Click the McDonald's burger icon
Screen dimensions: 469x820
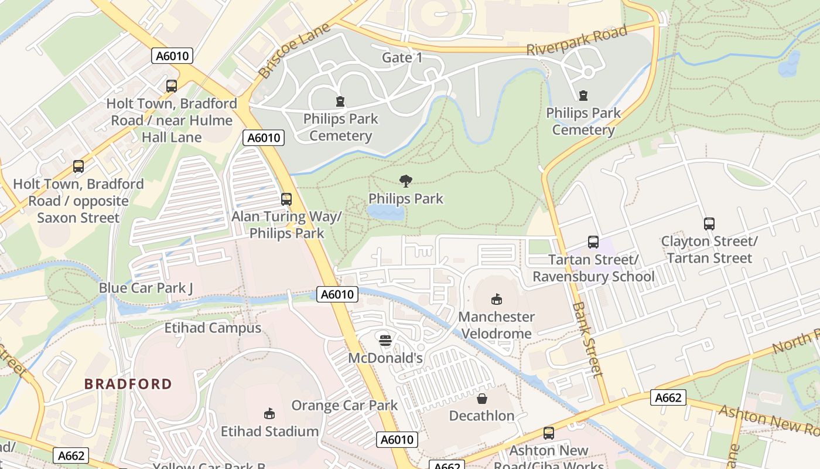tap(385, 340)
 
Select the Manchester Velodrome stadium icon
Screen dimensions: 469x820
tap(496, 299)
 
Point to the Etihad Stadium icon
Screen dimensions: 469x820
tap(269, 414)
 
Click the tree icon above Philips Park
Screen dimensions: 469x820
tap(405, 181)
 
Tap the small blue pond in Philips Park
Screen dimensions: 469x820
tap(385, 212)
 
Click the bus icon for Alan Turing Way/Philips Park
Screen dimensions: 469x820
tap(286, 199)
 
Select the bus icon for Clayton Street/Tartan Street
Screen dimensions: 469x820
tap(709, 224)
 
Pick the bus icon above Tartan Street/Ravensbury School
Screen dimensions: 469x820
tap(593, 242)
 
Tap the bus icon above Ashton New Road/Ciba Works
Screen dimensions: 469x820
tap(548, 433)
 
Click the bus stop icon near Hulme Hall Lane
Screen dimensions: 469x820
tap(171, 86)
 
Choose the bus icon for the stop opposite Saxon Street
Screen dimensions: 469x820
tap(78, 166)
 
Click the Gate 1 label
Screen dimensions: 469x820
tap(402, 57)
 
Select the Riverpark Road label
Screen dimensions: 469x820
tap(576, 40)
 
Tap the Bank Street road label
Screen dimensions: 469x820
tap(587, 339)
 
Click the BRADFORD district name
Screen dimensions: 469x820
tap(128, 384)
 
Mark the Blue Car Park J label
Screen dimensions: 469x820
tap(146, 288)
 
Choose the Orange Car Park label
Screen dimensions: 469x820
tap(344, 405)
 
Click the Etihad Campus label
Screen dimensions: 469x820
tap(213, 328)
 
